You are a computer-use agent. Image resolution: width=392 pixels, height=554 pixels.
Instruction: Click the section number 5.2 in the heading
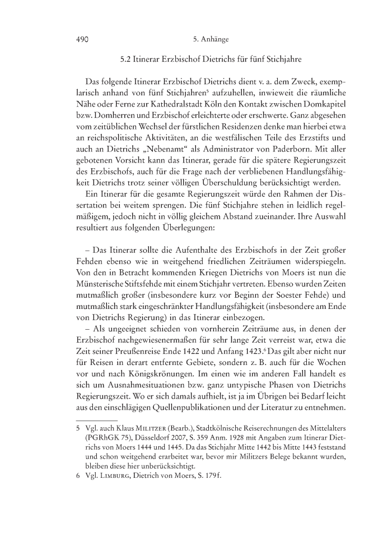click(x=127, y=58)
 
